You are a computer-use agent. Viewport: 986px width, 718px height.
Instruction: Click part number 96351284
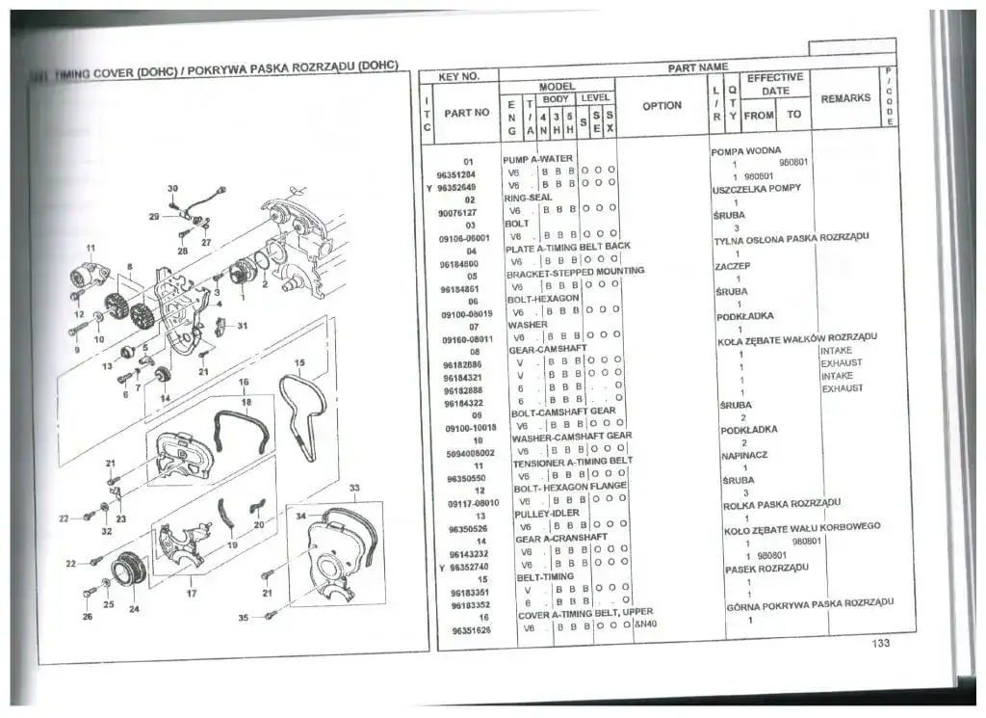tap(457, 174)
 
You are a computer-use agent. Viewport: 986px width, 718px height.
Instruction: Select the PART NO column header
tap(467, 113)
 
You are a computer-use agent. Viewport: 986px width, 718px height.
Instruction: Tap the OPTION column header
tap(662, 106)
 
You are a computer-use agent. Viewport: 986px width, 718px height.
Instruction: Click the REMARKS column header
tap(845, 98)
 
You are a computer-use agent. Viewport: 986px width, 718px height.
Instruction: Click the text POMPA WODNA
tap(745, 151)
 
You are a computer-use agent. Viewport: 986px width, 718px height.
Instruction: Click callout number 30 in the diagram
tap(173, 188)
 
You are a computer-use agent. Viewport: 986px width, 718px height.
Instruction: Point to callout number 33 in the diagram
tap(354, 488)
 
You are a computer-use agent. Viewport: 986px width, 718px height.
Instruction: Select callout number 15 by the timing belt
tap(299, 363)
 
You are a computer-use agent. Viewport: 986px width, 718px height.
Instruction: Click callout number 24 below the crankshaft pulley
tap(134, 609)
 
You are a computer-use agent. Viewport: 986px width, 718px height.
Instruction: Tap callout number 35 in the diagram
tap(244, 616)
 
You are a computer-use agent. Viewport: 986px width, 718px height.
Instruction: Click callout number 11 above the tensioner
tap(91, 249)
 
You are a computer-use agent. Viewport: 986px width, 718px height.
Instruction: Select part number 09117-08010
tap(473, 502)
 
